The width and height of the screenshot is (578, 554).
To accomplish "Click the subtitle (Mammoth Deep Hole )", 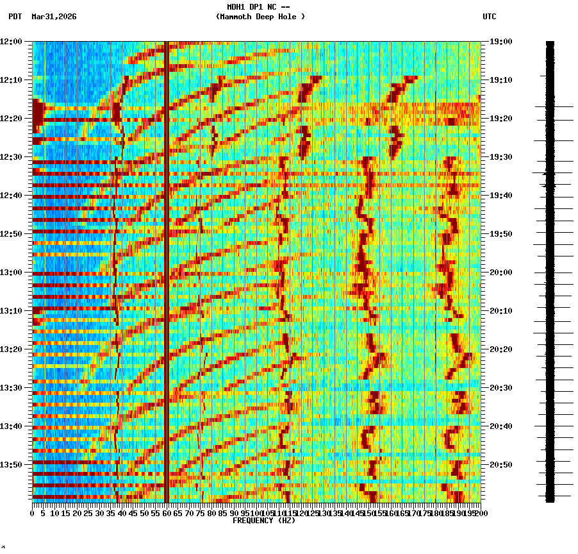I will point(260,17).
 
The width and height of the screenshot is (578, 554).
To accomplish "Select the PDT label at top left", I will point(15,17).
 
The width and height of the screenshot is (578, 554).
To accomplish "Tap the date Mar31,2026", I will point(54,17).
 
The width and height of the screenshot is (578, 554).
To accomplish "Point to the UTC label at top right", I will point(489,17).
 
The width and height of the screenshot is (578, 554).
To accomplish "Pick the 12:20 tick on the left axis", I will point(11,119).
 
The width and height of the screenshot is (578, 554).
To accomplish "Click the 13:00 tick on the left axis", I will point(11,273).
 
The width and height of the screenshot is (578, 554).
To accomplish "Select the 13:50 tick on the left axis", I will point(11,465).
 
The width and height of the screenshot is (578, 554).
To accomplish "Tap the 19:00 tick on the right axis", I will point(501,42).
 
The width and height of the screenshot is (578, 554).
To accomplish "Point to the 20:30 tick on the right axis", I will point(501,388).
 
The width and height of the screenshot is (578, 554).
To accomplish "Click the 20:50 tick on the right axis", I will point(501,465).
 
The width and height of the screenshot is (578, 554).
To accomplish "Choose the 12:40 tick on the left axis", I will point(11,196).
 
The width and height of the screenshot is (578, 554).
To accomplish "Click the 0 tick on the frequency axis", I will point(33,513).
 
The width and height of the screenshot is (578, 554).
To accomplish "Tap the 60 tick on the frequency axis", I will point(167,513).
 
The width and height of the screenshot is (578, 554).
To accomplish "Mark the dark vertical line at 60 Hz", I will point(167,269).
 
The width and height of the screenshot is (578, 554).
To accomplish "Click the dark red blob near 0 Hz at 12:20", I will point(38,114).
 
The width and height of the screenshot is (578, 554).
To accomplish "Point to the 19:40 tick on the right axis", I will point(501,196).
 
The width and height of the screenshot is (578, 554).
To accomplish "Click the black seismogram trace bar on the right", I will point(550,269).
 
